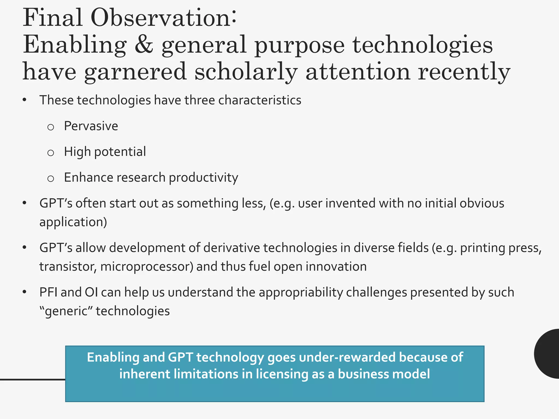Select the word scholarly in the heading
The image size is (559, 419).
(x=246, y=71)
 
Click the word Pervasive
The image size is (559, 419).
(x=91, y=126)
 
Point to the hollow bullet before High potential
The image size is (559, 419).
(x=50, y=153)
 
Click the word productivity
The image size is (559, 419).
(x=203, y=178)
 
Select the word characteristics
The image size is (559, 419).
(x=260, y=100)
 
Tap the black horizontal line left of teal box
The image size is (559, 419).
(x=32, y=379)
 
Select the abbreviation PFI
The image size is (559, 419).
(x=48, y=292)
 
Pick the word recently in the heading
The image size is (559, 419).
(x=464, y=71)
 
